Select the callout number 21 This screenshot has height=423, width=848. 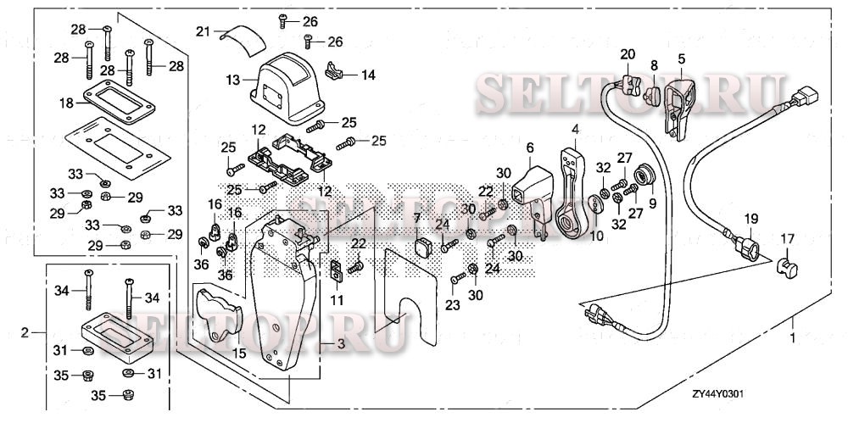pos(202,31)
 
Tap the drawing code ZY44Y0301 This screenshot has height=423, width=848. pos(718,395)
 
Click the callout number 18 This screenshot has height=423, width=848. pos(67,102)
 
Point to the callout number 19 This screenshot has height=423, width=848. pos(750,218)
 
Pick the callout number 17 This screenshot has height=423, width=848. pos(787,238)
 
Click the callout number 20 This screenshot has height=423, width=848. pos(627,54)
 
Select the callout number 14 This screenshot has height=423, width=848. pos(368,75)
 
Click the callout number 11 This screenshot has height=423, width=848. pos(338,300)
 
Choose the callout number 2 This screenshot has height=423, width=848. pos(25,331)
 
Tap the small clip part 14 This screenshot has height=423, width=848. pos(338,72)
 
